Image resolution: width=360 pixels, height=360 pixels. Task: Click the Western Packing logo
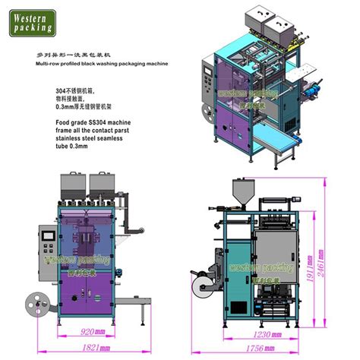31,21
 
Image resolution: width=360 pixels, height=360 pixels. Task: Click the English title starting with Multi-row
99,66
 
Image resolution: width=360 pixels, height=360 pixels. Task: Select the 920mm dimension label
93,331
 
